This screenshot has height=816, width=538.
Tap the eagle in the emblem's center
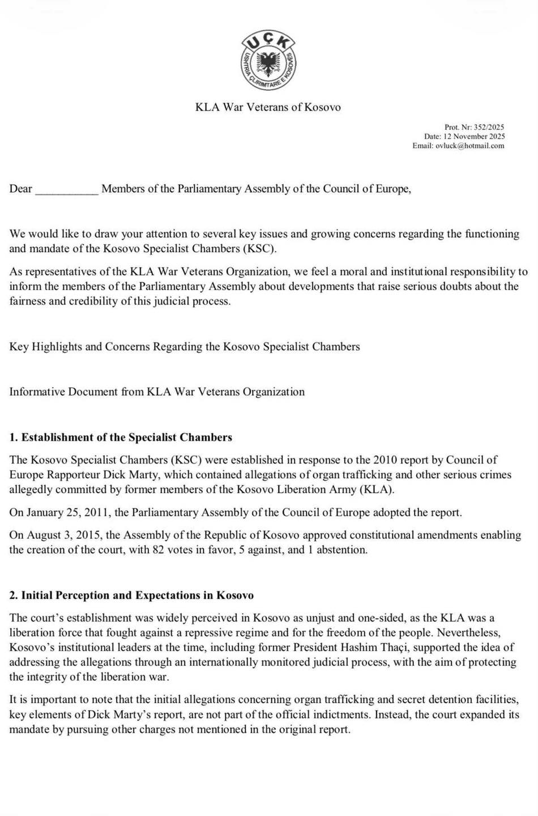pyautogui.click(x=269, y=62)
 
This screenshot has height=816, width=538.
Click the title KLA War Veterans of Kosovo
pyautogui.click(x=268, y=107)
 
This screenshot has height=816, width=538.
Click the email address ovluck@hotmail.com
pyautogui.click(x=469, y=146)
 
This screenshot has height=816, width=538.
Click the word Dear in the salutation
pyautogui.click(x=21, y=189)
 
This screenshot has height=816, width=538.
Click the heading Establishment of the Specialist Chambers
pyautogui.click(x=126, y=437)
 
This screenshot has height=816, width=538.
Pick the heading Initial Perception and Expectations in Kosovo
pyautogui.click(x=137, y=596)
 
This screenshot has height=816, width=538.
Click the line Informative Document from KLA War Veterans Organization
pyautogui.click(x=157, y=392)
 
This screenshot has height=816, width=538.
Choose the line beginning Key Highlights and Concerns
pyautogui.click(x=185, y=347)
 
